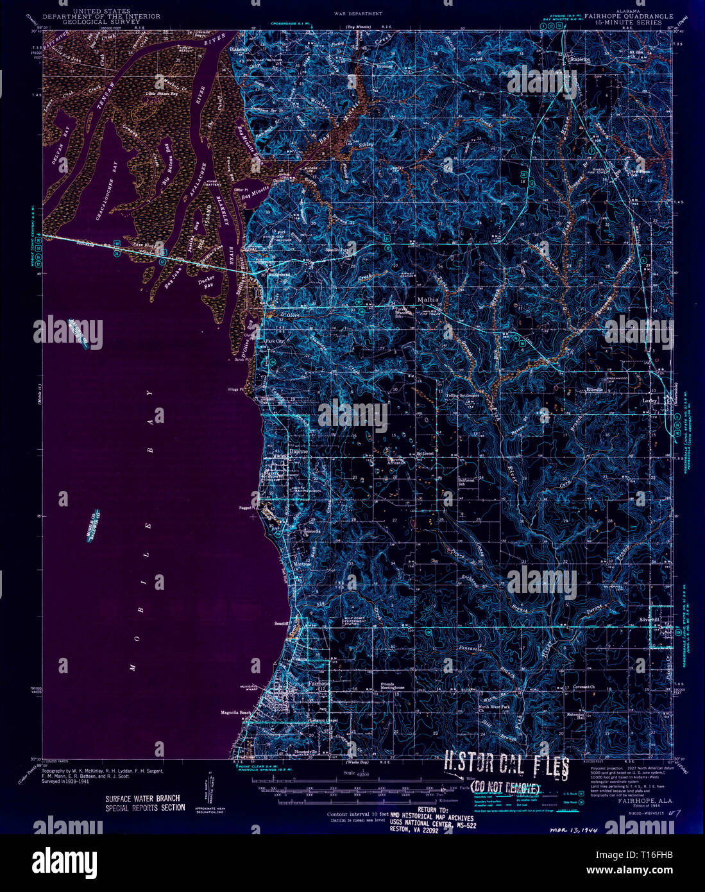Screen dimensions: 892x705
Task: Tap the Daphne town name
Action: click(299, 451)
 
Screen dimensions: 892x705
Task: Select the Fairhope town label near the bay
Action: click(319, 684)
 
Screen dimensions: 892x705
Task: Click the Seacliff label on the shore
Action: click(283, 623)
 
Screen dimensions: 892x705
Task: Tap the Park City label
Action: click(275, 341)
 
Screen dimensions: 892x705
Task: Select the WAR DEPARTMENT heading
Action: click(358, 13)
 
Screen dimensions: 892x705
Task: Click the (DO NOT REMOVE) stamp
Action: click(505, 787)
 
